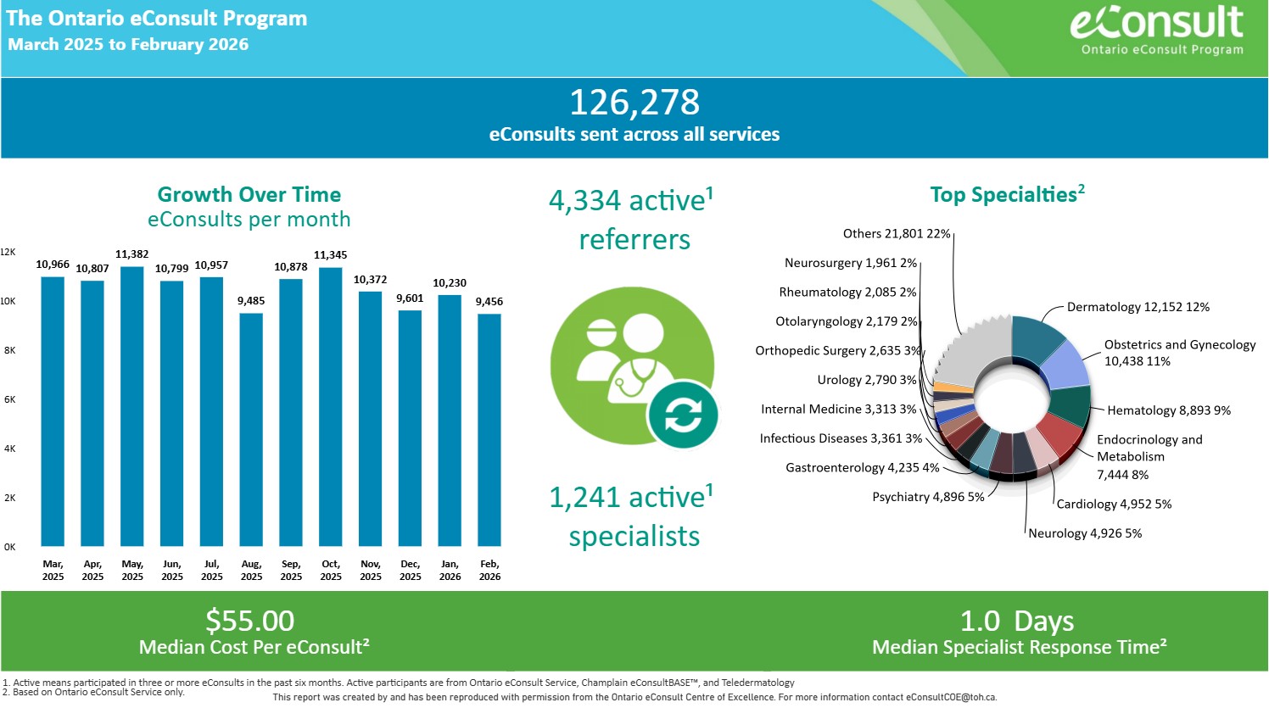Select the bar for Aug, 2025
coord(251,429)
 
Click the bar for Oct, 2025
coord(331,407)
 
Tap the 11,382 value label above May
coord(132,254)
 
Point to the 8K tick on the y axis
coord(9,350)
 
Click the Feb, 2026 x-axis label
coord(489,570)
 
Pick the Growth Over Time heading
coord(249,194)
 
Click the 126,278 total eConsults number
coord(634,103)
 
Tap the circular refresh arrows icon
coord(683,415)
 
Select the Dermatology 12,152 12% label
coord(1138,307)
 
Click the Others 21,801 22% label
coord(897,233)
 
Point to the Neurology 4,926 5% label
coord(1085,533)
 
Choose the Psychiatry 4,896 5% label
coord(928,497)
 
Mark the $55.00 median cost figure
coord(250,621)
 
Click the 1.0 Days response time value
coord(1017,621)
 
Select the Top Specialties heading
coord(1007,194)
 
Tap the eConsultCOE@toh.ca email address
coord(951,697)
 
